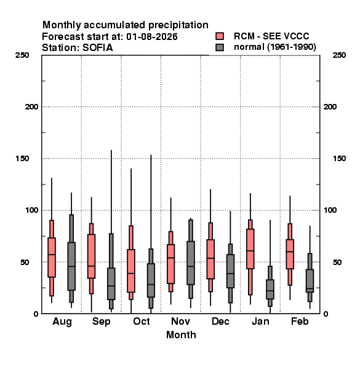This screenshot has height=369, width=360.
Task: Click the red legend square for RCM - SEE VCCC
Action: pos(220,36)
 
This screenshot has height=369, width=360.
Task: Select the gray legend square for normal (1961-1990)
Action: pos(220,47)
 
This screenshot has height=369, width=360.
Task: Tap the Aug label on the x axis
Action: pos(62,322)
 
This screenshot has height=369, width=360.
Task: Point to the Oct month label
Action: pos(142,321)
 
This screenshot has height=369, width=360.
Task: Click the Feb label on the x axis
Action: pos(300,321)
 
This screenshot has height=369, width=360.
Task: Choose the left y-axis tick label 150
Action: pos(22,159)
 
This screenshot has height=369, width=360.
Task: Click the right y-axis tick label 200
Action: pos(330,107)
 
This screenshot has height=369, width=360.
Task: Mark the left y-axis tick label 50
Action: pos(25,262)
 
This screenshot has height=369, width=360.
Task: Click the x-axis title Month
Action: pos(181,335)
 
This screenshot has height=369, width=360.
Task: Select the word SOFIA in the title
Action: pos(98,48)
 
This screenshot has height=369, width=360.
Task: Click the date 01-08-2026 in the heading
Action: pos(152,37)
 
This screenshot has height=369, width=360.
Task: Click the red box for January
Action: pos(250,248)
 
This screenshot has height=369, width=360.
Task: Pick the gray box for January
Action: pos(270,289)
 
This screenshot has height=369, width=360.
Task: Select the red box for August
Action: pos(52,258)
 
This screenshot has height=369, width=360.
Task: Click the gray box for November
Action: pos(191,263)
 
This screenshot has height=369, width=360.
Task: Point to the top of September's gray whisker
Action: pos(111,150)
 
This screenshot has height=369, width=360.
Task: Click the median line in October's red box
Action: pos(131,273)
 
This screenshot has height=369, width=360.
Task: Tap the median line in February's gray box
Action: pos(310,288)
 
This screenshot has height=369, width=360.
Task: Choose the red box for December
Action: pos(210,259)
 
